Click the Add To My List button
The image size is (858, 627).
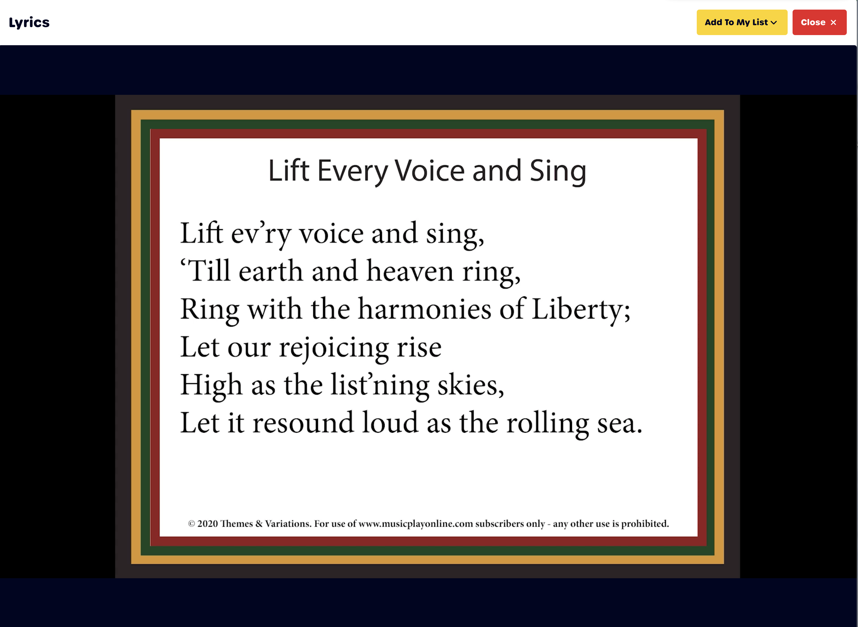(x=742, y=22)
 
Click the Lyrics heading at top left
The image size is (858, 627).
(x=29, y=23)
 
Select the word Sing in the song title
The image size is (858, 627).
(x=558, y=172)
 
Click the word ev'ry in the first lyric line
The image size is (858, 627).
(x=261, y=234)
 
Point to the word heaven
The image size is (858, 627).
(x=410, y=271)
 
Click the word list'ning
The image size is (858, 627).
(x=380, y=386)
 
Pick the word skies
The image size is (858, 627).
(x=471, y=386)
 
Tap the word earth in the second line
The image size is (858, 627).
(x=271, y=271)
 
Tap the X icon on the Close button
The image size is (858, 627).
(x=833, y=23)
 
